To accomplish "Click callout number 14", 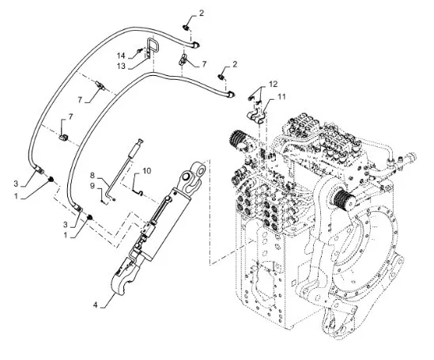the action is pos(121,55).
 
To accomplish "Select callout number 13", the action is pos(121,66).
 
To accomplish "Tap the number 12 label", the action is pos(274,84).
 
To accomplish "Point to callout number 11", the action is pos(281,97).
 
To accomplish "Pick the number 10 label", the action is pos(147,171).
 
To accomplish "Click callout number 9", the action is pos(92,186).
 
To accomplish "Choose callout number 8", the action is pos(92,176).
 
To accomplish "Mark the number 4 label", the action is pos(95,305).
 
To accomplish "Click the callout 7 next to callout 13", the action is pos(204,64).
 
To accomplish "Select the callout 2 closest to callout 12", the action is pos(235,64).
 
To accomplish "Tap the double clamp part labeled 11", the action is pos(256,117).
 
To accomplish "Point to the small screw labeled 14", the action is pos(140,51).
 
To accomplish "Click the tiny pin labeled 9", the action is pos(103,201).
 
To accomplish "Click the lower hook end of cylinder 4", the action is pos(122,281).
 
